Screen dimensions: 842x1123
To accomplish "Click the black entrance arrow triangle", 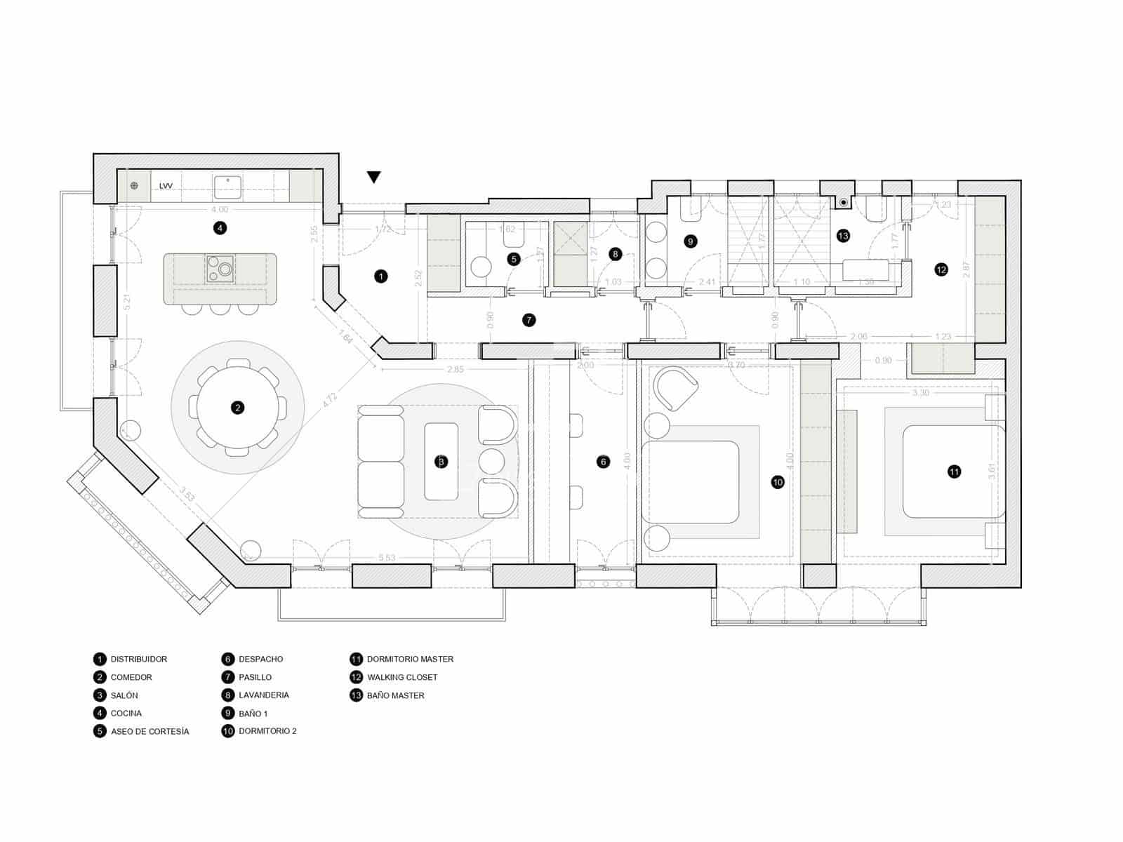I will [x=374, y=177].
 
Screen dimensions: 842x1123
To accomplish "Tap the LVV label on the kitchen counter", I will [x=166, y=186].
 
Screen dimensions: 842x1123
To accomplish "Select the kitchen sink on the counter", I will [x=228, y=187].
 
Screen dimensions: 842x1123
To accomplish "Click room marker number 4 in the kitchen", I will [x=220, y=227].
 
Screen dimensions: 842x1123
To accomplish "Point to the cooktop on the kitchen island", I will [x=220, y=268].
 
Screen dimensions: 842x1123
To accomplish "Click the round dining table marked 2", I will [x=237, y=408].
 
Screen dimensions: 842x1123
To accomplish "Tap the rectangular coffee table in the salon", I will [x=441, y=461].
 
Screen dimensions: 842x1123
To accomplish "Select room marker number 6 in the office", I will [x=603, y=462].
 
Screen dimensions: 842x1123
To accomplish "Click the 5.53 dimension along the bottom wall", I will [x=387, y=558].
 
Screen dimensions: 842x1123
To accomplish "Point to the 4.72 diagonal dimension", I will [x=331, y=401].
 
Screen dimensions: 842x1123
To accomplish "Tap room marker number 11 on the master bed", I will [x=954, y=472].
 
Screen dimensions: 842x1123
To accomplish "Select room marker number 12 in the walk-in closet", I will [x=941, y=269].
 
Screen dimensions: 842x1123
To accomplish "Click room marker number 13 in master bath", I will [x=843, y=236].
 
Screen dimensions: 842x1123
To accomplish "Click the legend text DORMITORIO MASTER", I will [x=410, y=659].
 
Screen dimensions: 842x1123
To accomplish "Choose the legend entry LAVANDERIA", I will [x=263, y=695].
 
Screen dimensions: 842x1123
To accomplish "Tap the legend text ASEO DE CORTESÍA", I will [x=149, y=731].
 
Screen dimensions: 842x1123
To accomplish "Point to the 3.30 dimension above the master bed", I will [x=920, y=393].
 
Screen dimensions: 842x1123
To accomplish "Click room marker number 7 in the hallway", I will [x=529, y=320].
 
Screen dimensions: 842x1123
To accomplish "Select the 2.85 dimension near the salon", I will [x=456, y=369].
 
